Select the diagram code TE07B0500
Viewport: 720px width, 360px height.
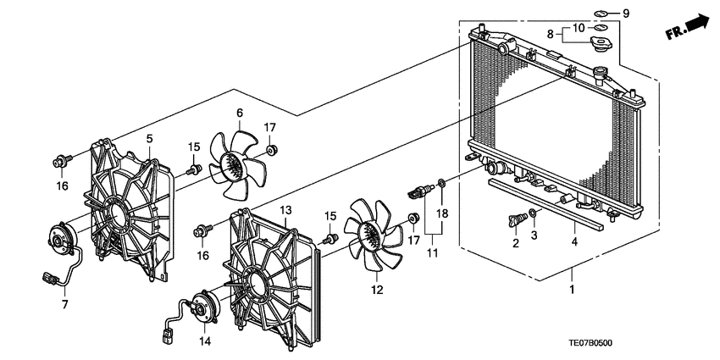coord(590,343)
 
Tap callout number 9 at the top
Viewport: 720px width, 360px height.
coord(625,14)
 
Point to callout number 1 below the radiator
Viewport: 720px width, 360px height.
coord(572,290)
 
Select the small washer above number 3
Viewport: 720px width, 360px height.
coord(533,213)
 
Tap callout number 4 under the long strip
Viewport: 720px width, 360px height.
coord(574,241)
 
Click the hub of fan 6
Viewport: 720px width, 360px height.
coord(232,163)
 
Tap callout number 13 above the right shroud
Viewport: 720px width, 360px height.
coord(285,210)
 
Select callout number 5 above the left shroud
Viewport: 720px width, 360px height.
coord(149,138)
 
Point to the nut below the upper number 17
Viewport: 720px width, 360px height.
coord(270,149)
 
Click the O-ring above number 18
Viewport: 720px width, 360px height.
coord(441,184)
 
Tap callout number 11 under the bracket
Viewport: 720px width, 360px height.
coord(433,252)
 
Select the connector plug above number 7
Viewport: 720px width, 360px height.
coord(48,278)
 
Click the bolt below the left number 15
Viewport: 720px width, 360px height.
coord(193,170)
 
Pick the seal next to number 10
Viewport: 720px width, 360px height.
coord(599,29)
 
